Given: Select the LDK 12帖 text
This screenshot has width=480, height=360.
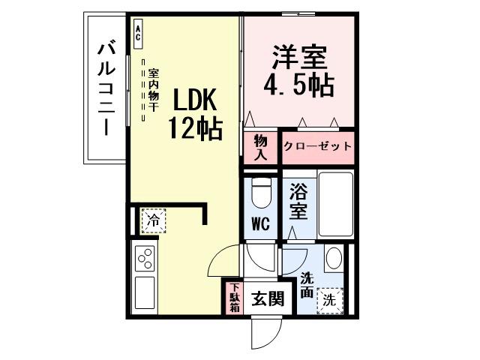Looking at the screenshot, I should tap(194, 113).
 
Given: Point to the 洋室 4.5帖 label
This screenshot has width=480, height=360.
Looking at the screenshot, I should tap(298, 70).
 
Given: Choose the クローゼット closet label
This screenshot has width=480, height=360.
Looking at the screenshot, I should tap(317, 146).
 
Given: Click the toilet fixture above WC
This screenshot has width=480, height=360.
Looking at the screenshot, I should tap(261, 193).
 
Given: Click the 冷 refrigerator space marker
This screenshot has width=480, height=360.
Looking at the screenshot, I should tap(152, 221).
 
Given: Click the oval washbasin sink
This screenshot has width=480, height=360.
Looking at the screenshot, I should tap(333, 259).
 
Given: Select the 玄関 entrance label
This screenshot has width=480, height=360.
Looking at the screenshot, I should tap(267, 299).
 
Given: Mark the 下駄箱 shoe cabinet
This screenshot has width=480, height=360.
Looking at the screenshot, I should tap(234, 297).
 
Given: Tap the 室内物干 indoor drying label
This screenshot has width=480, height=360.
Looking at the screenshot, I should tap(152, 90).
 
